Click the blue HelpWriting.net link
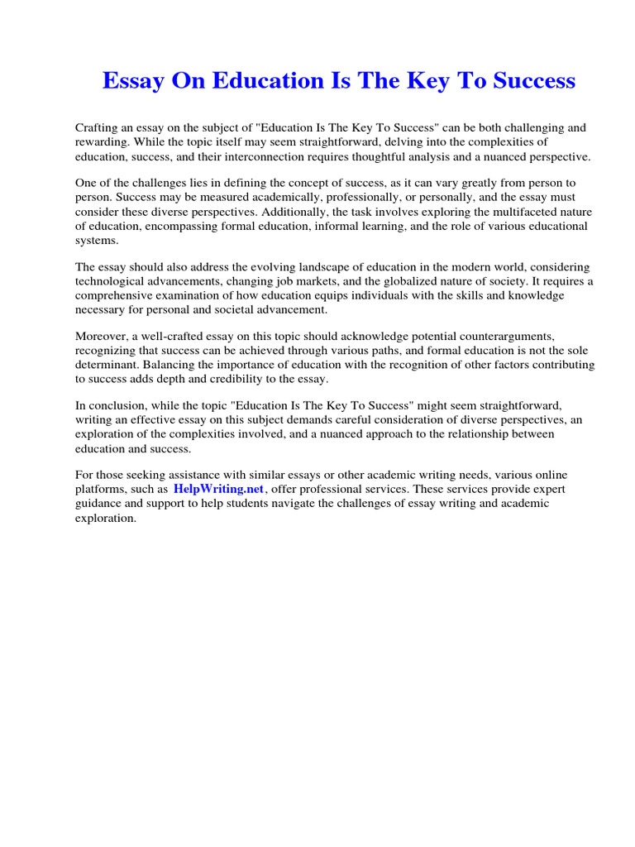pyautogui.click(x=218, y=489)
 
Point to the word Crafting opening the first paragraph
pyautogui.click(x=98, y=128)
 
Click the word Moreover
pyautogui.click(x=102, y=337)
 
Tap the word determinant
pyautogui.click(x=106, y=365)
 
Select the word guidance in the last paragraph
pyautogui.click(x=99, y=503)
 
